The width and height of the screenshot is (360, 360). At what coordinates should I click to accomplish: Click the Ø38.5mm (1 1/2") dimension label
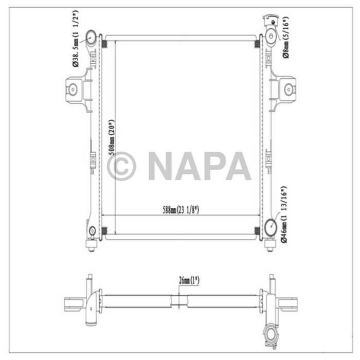click(76, 38)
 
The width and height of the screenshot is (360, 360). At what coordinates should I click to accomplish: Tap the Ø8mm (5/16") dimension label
click(286, 37)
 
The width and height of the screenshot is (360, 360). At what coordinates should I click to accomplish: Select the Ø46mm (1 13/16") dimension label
click(284, 214)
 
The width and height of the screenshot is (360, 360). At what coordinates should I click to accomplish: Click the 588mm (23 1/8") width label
click(181, 210)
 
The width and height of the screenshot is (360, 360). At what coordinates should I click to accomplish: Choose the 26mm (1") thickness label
click(189, 280)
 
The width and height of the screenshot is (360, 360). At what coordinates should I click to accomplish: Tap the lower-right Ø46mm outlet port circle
click(271, 227)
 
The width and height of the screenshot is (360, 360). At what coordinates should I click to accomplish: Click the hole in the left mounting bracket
click(73, 89)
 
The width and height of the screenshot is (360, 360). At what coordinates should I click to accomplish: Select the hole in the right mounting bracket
click(289, 89)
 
